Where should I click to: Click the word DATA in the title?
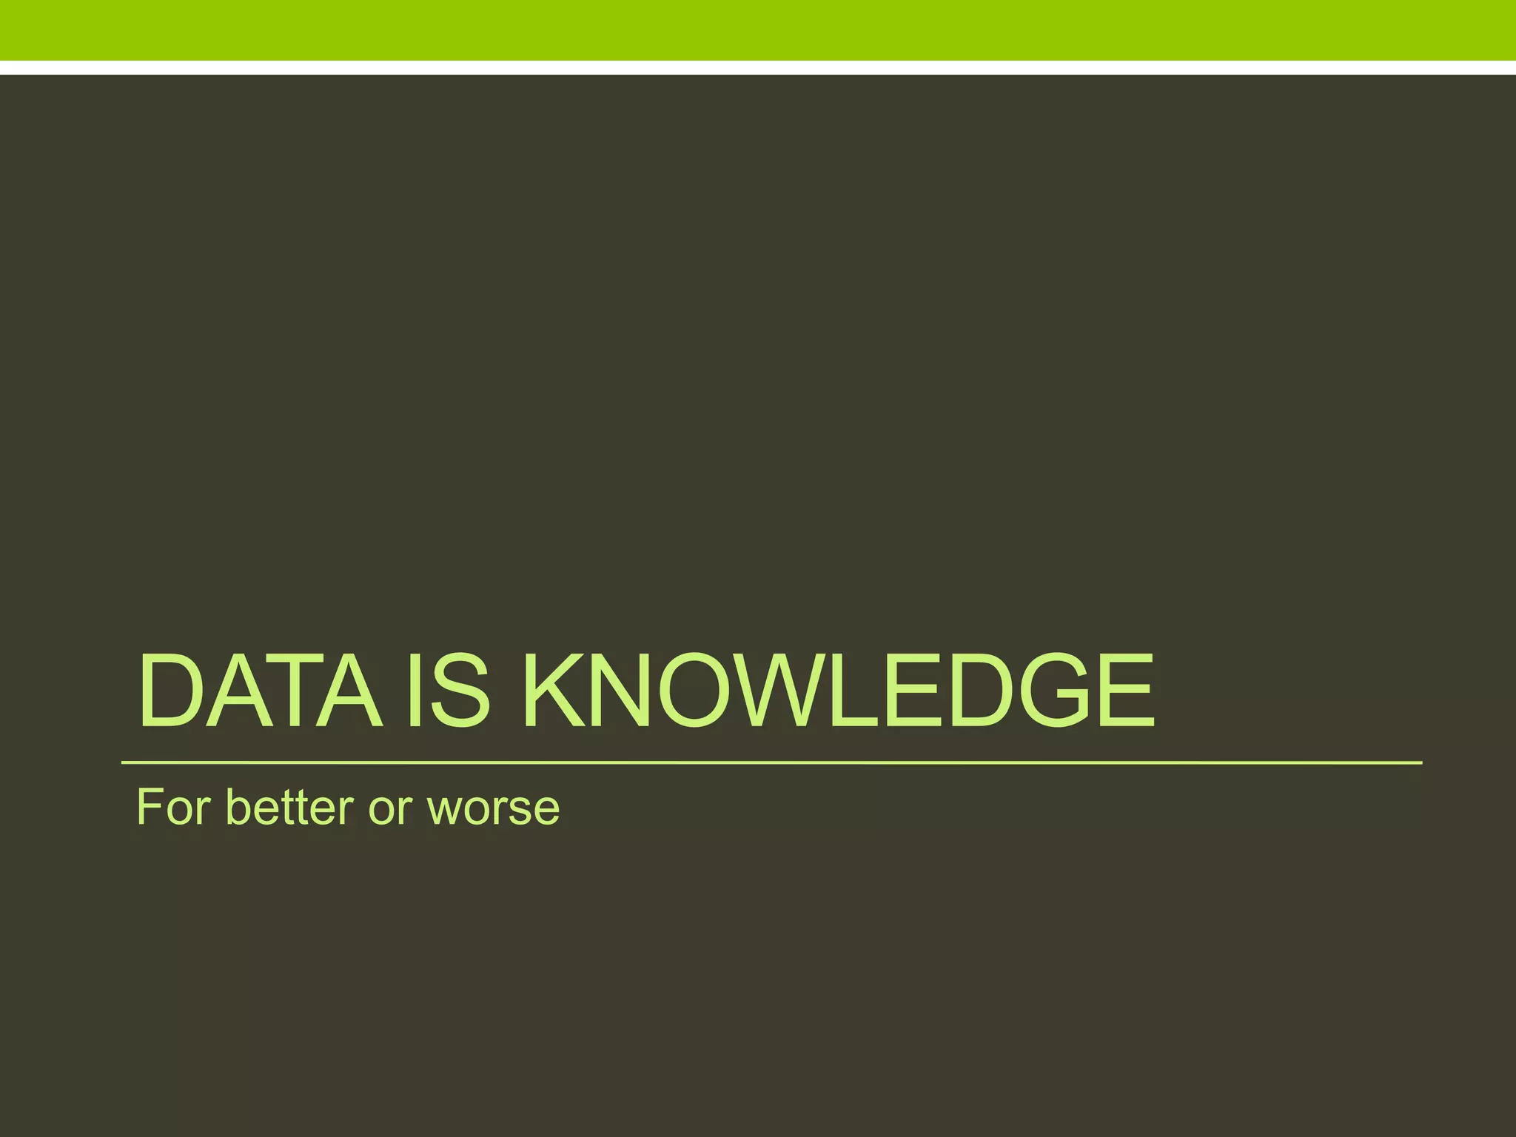click(259, 691)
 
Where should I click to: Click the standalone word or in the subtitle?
click(390, 808)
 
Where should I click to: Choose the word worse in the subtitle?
click(494, 808)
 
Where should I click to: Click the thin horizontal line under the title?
click(770, 762)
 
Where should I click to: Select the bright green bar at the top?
click(758, 30)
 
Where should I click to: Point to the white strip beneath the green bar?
click(758, 67)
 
